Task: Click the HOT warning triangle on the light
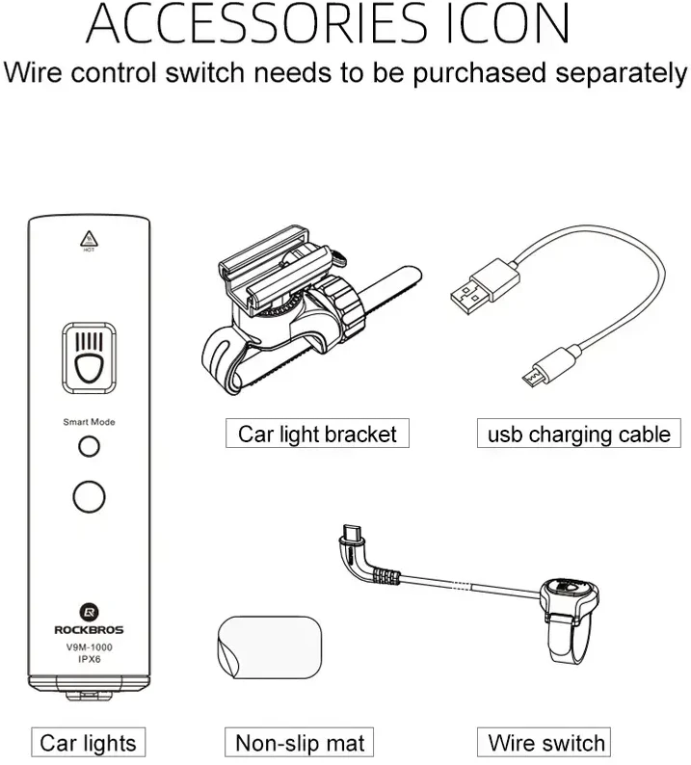click(x=89, y=239)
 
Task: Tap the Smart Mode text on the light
click(x=89, y=422)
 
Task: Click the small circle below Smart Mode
click(x=89, y=446)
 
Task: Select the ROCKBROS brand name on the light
click(x=89, y=630)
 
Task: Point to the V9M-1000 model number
click(x=90, y=647)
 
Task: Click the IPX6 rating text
click(x=90, y=659)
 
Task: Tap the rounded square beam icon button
click(x=89, y=358)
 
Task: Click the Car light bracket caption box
click(x=317, y=433)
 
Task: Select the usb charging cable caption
click(x=579, y=433)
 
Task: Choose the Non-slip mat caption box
click(x=299, y=742)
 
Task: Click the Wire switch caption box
click(x=544, y=742)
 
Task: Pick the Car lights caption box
click(x=89, y=742)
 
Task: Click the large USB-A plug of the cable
click(x=484, y=286)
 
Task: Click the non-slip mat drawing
click(x=270, y=646)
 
